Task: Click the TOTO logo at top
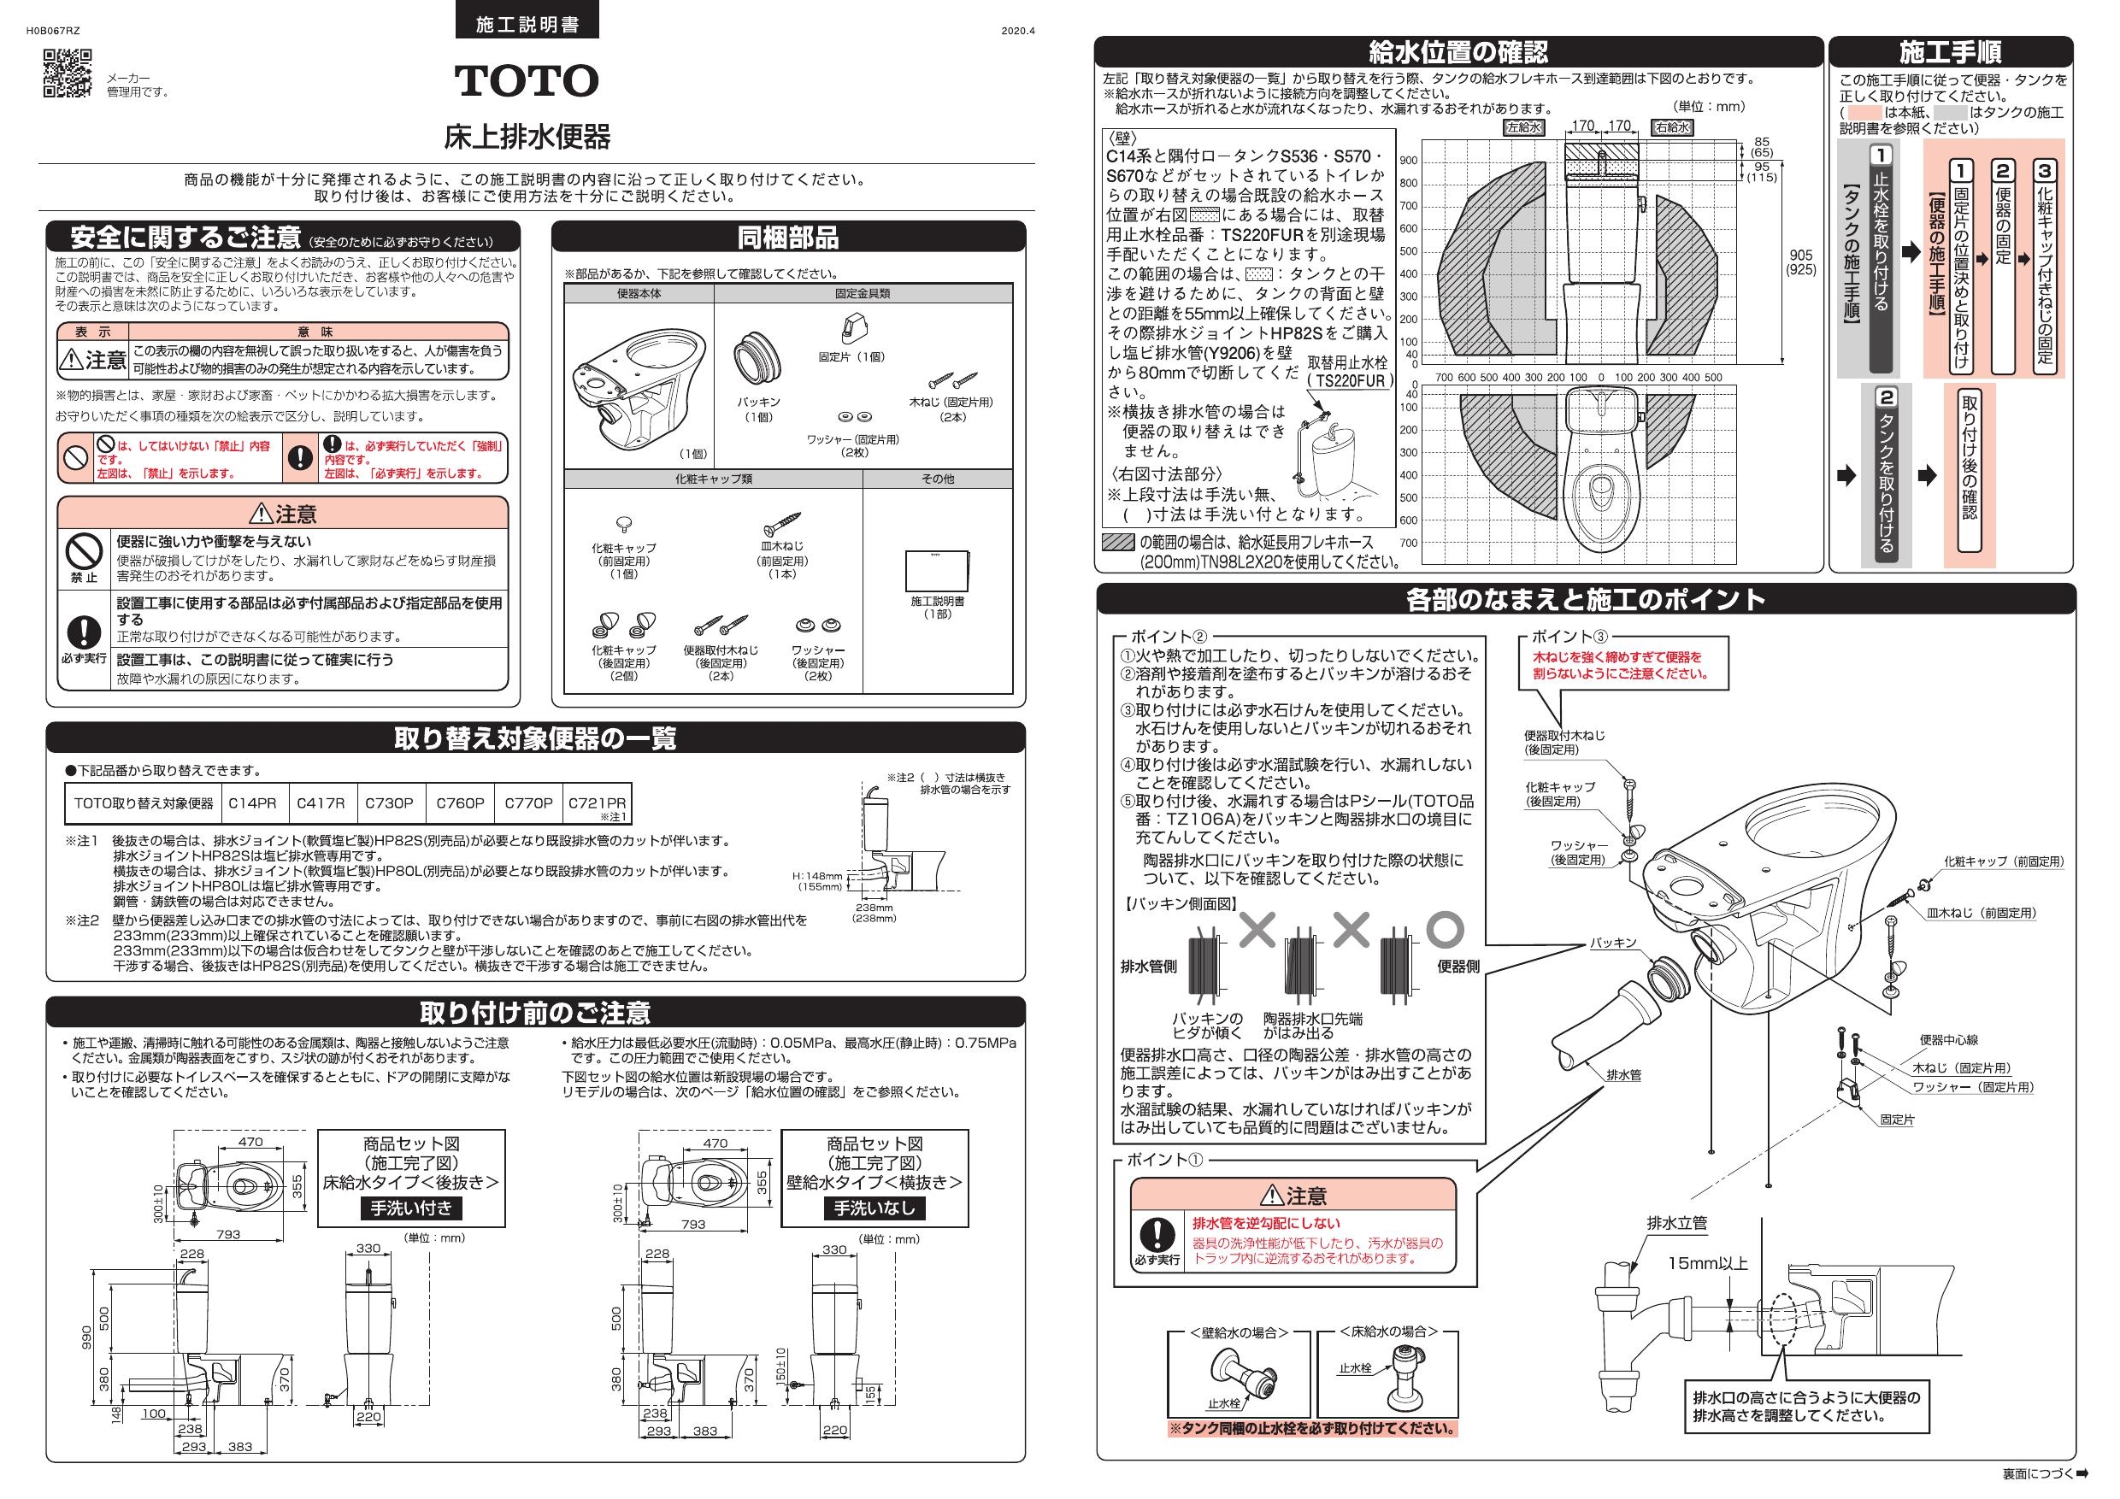coord(527,81)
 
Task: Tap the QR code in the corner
coord(68,73)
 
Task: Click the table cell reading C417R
coord(321,803)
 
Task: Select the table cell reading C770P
coord(528,803)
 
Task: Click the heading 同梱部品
coord(787,238)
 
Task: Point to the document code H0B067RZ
coord(53,31)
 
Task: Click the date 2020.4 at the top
coord(1017,31)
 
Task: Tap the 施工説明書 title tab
coord(527,25)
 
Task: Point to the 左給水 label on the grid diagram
coord(1523,128)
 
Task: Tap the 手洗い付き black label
coord(411,1208)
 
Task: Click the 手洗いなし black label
coord(874,1208)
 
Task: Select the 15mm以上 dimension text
coord(1707,1264)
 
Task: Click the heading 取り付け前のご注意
coord(535,1013)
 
